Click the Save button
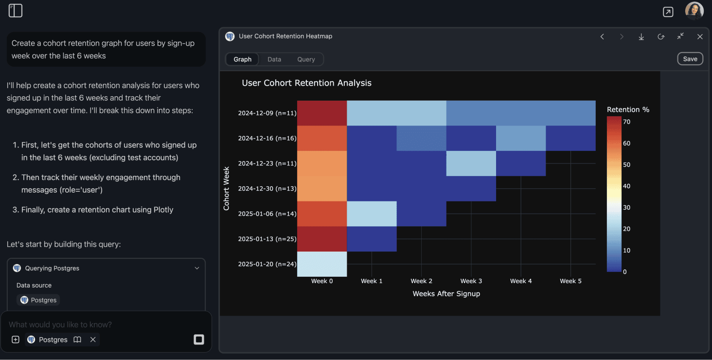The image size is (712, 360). pos(690,59)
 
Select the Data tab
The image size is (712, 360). pos(274,59)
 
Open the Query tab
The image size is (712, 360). pos(306,59)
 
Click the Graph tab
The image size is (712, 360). pos(242,59)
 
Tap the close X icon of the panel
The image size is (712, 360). pos(700,37)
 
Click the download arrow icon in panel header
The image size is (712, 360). pos(641,37)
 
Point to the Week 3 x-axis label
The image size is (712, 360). pos(471,281)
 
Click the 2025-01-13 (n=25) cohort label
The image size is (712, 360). pos(267,239)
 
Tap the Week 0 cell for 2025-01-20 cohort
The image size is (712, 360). pos(322,264)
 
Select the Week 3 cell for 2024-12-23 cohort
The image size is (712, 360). pos(471,163)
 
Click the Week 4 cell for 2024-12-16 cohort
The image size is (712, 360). pos(521,138)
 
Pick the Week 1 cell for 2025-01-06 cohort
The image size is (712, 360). pos(372,214)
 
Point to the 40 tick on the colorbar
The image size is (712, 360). pos(626,186)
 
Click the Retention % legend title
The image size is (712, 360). pos(628,109)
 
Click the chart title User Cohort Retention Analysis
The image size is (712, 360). pos(306,83)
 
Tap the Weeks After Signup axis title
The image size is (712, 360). pos(446,294)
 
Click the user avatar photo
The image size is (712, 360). pos(694,11)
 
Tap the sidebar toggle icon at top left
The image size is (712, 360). pos(16,11)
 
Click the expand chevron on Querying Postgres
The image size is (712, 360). pos(197,268)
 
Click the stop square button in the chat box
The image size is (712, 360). pos(198,340)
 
